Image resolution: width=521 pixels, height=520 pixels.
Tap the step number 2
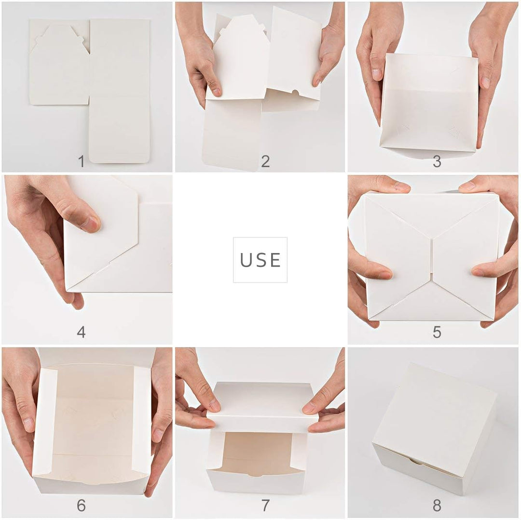click(x=265, y=161)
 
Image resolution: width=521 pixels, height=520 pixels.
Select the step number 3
click(x=437, y=161)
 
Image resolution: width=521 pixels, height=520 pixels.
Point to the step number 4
click(x=81, y=332)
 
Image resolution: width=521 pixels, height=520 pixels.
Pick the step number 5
click(x=437, y=332)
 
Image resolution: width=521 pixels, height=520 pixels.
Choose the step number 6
click(x=81, y=505)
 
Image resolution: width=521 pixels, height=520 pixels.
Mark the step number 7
click(x=265, y=505)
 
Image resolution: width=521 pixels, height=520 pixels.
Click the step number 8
click(x=437, y=505)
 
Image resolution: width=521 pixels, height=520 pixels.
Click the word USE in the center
click(x=260, y=260)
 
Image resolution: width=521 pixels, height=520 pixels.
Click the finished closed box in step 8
click(x=434, y=424)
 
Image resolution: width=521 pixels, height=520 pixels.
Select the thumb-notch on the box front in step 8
click(x=414, y=461)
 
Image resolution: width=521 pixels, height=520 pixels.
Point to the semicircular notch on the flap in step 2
click(x=298, y=92)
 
